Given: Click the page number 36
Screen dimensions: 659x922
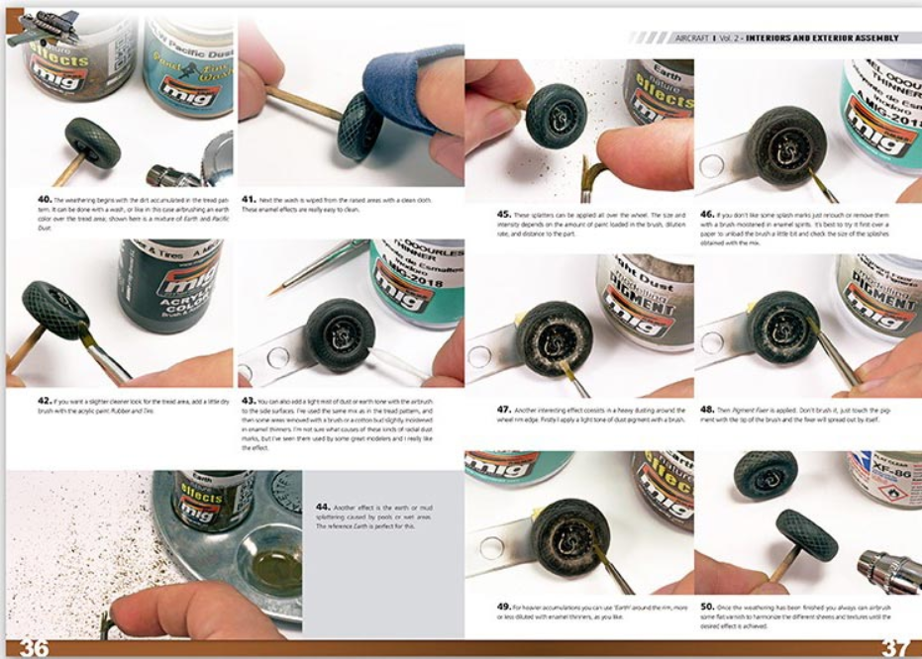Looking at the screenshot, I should pyautogui.click(x=34, y=647).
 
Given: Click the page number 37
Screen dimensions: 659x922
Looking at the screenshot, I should pyautogui.click(x=895, y=647).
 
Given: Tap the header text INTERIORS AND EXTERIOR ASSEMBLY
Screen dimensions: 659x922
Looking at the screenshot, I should pyautogui.click(x=822, y=38).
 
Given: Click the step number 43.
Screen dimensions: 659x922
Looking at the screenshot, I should pyautogui.click(x=251, y=401).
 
